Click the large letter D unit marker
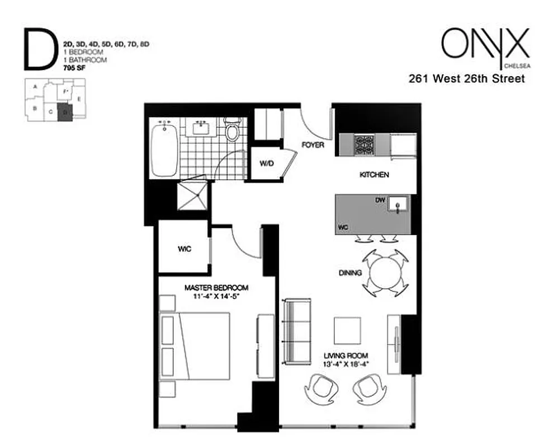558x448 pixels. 40,50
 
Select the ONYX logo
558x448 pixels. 484,43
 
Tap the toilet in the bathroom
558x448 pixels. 231,132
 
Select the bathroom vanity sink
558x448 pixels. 201,128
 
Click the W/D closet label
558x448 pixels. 266,164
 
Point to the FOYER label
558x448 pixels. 313,145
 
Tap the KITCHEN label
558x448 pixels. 373,175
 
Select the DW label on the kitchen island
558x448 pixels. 381,199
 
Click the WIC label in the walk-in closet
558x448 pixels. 185,249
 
